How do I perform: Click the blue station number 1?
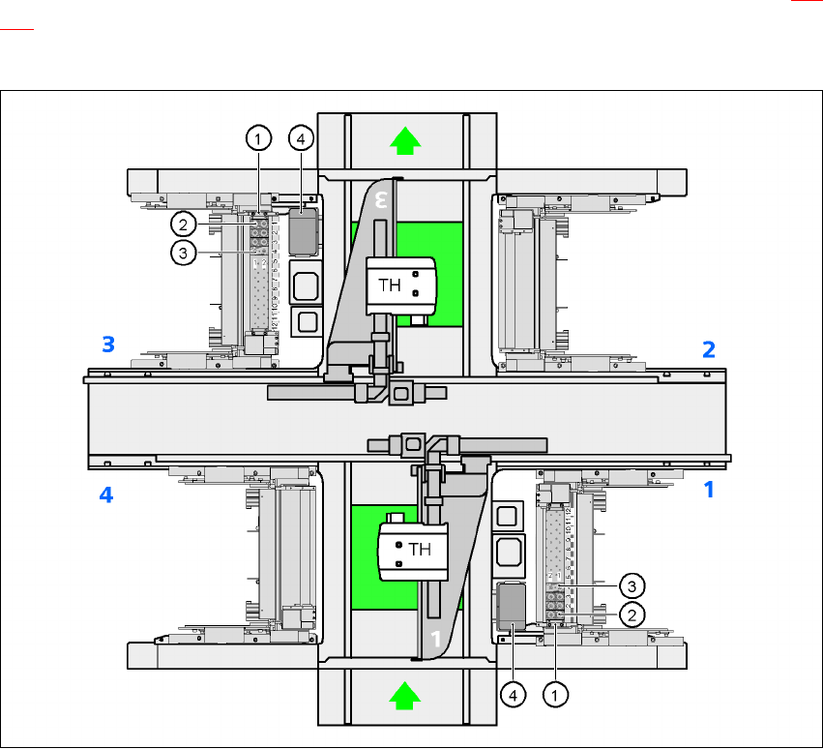[x=709, y=490]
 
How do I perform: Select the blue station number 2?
[x=709, y=350]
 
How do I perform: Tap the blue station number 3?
[x=110, y=343]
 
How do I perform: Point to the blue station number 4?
[x=106, y=494]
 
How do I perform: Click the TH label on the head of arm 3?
[x=390, y=285]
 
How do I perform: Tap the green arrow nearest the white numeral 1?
[x=407, y=695]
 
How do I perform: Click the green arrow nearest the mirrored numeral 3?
[x=407, y=141]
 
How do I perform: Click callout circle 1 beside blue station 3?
[x=257, y=139]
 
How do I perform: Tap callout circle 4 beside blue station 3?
[x=302, y=139]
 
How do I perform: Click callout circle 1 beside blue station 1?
[x=555, y=693]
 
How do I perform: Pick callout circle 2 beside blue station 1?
[x=631, y=614]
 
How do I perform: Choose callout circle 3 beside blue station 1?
[x=631, y=585]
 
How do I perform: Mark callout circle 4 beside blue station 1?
[x=512, y=693]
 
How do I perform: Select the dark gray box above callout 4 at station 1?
[x=512, y=605]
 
